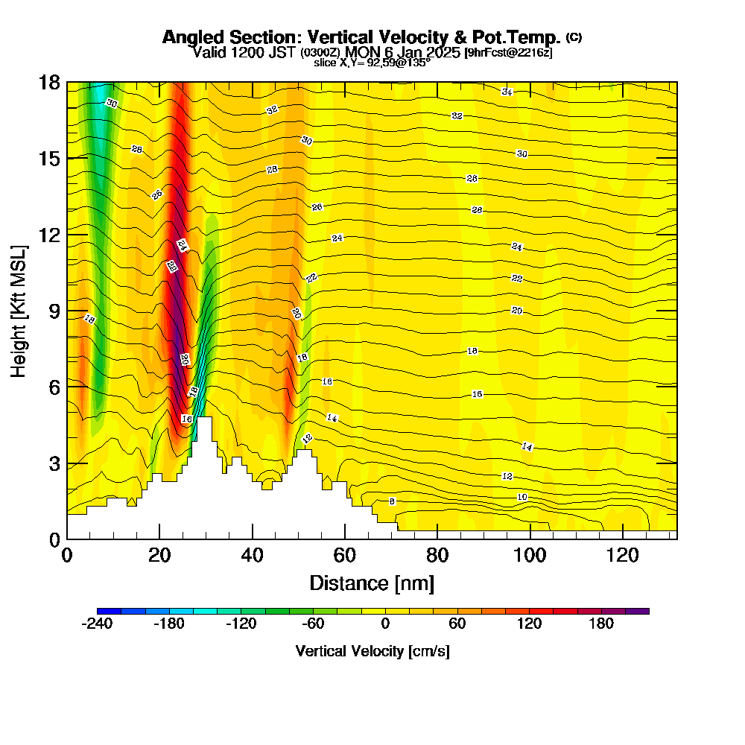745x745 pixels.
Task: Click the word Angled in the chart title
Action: [192, 37]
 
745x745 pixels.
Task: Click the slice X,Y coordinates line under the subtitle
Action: [372, 63]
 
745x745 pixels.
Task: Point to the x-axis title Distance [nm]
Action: [372, 583]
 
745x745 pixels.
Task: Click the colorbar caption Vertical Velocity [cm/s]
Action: [372, 651]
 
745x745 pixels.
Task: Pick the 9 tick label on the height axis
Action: [54, 311]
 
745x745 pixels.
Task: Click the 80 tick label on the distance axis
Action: [437, 555]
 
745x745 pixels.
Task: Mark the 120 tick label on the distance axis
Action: [622, 555]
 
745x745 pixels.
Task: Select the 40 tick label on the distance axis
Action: [253, 555]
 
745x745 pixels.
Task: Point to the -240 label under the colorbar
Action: [96, 624]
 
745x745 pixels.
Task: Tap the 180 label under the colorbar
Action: [601, 624]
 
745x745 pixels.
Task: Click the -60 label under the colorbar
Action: [313, 624]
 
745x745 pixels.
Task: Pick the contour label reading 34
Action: [507, 92]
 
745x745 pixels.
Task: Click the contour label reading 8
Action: [392, 501]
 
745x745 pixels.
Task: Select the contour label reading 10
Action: [522, 497]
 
